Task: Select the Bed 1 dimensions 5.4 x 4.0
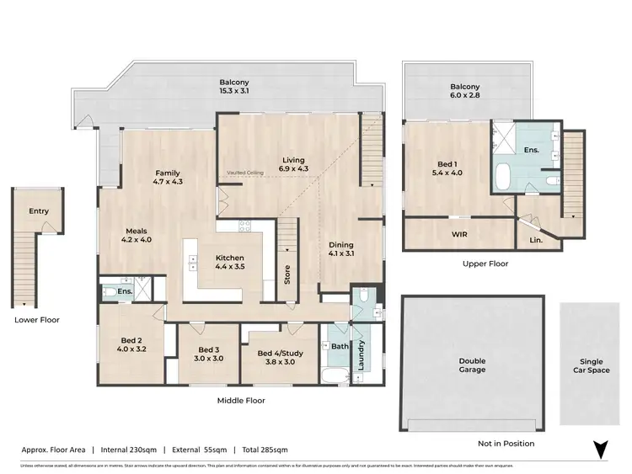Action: [447, 173]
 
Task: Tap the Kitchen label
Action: [229, 258]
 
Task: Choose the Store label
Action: [287, 274]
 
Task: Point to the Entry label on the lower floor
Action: [39, 211]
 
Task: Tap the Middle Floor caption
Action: [241, 401]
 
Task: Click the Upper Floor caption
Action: [485, 264]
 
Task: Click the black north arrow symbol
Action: [600, 450]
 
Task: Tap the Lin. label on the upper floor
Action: [536, 239]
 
